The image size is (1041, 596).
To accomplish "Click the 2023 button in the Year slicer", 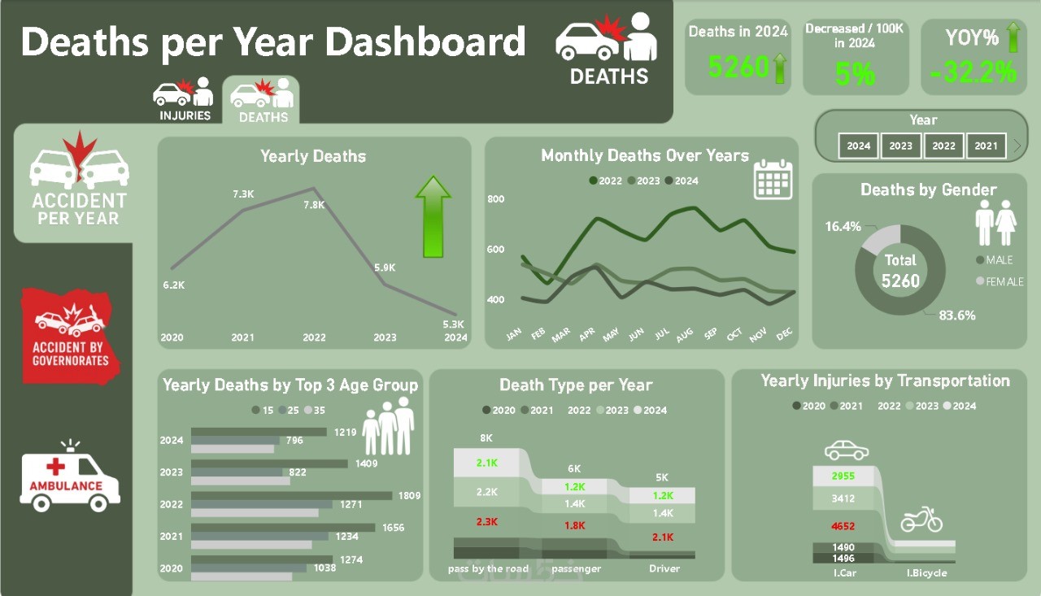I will pos(900,146).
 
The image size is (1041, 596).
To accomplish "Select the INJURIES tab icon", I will pos(185,99).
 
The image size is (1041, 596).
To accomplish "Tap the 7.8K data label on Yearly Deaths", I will pos(315,205).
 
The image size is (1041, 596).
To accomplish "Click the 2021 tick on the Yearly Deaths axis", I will pos(243,337).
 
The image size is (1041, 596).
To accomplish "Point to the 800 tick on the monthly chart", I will pos(496,199).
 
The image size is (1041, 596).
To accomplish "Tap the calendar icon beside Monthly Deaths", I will pos(773,179).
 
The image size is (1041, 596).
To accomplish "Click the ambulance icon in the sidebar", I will pos(69,477).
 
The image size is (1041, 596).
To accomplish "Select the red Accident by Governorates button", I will pos(70,335).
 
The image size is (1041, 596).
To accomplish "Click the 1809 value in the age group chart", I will pos(408,495).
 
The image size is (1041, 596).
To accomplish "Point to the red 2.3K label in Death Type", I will pos(486,522).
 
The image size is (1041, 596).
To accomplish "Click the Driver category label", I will pos(664,568).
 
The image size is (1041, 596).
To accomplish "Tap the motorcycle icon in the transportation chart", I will pos(921,519).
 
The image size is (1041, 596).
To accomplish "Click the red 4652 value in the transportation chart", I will pos(843,526).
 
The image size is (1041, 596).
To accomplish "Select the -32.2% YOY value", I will pos(973,73).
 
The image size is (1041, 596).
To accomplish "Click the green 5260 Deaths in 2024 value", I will pos(738,67).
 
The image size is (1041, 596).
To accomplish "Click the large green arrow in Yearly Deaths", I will pos(433,217).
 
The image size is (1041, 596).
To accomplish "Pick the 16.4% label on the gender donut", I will pos(843,227).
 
